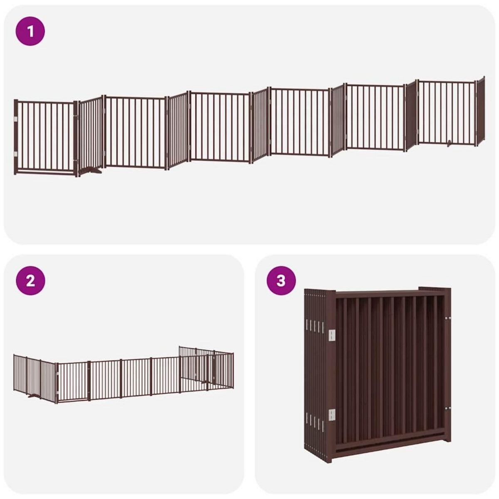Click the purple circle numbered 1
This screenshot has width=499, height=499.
click(30, 31)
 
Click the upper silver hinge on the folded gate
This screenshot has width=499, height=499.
click(332, 336)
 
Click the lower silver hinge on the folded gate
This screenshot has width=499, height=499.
click(332, 415)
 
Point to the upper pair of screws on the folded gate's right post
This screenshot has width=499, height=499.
click(447, 319)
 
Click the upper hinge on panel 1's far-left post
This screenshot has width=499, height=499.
click(16, 120)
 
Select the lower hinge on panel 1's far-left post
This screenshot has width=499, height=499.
click(16, 154)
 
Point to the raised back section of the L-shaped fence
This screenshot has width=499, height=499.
click(206, 364)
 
